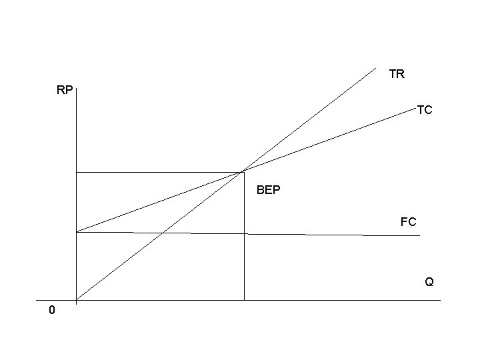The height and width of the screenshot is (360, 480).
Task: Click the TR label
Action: [x=397, y=74]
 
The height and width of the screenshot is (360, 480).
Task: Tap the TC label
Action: [x=425, y=110]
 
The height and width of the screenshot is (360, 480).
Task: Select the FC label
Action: [x=409, y=221]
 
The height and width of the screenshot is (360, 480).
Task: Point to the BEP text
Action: [x=269, y=191]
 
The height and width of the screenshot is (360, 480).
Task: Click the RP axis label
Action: [x=65, y=90]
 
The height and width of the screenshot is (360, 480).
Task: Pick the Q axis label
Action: [x=429, y=282]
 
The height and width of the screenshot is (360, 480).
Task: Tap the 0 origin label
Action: [x=52, y=311]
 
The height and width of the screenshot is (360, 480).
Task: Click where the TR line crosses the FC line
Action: [x=162, y=233]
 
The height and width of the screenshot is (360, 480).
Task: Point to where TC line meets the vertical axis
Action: [x=77, y=232]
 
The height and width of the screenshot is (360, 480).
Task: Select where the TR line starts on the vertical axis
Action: [x=77, y=299]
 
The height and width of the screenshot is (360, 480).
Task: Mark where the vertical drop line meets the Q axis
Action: [x=244, y=300]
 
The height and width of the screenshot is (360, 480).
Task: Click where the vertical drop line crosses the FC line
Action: [x=244, y=234]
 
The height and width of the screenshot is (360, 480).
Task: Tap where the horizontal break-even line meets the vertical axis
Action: [x=77, y=172]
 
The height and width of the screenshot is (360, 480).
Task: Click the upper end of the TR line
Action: [x=376, y=67]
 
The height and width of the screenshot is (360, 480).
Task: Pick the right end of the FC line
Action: [x=420, y=236]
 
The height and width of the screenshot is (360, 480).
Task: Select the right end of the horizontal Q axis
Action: [x=441, y=300]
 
